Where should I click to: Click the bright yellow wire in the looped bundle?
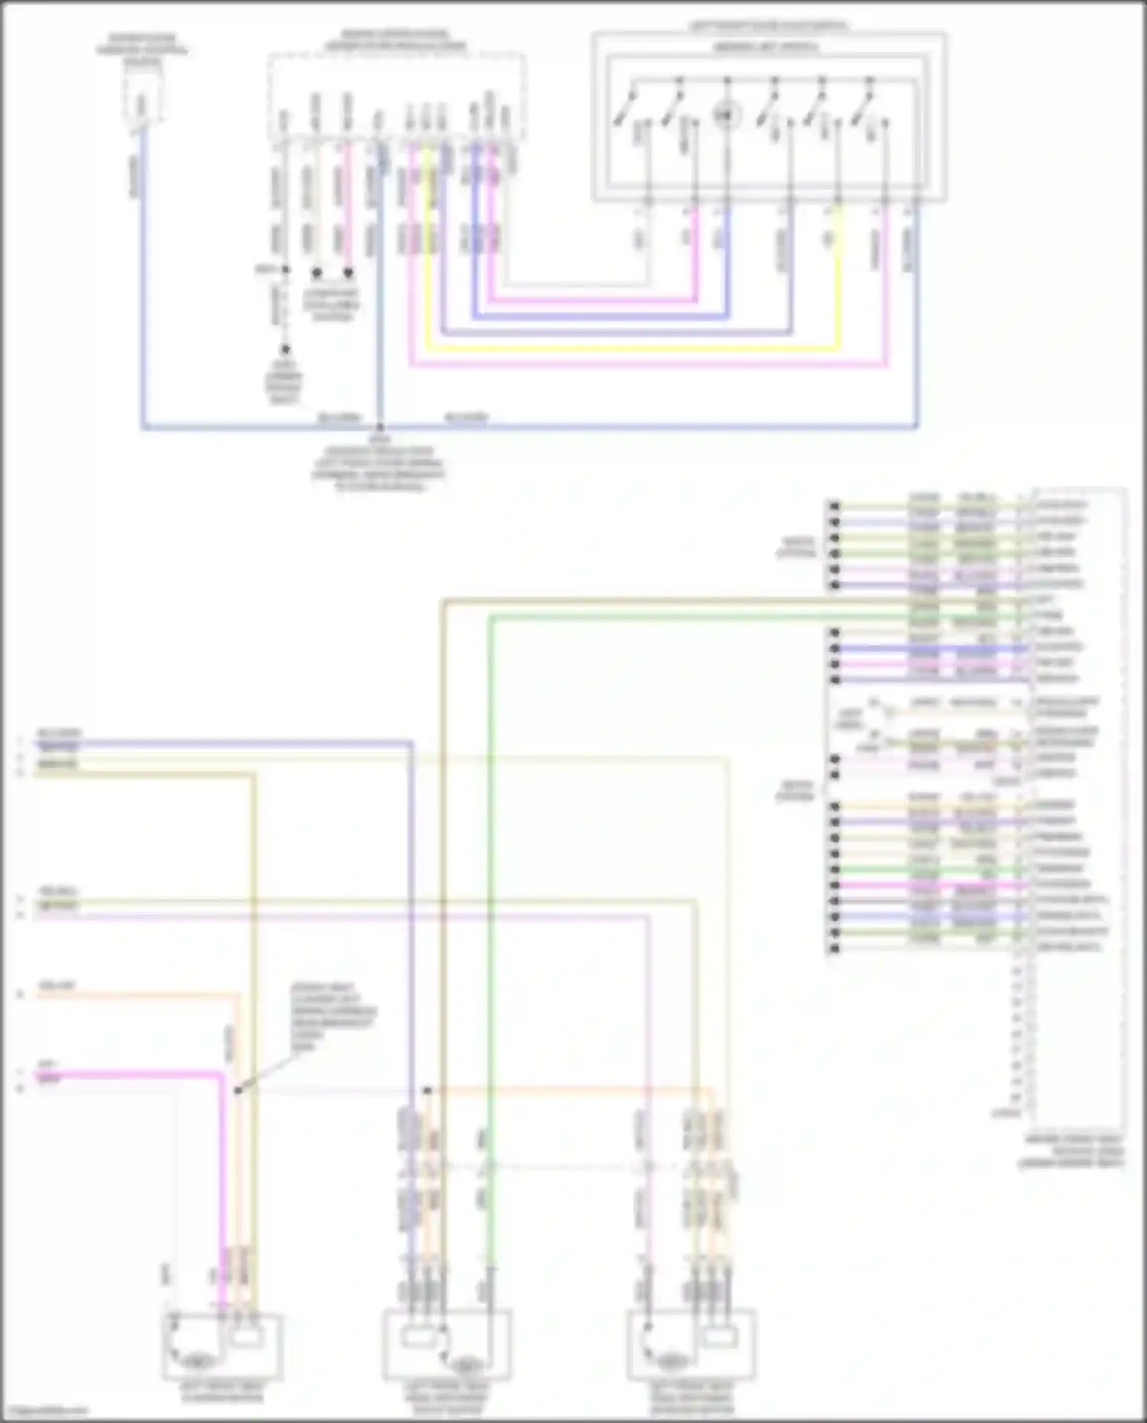pos(627,349)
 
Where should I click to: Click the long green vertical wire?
pos(490,918)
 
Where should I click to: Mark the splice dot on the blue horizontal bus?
pos(379,428)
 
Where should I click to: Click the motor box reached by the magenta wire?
pos(223,1347)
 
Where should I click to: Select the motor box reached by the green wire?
pos(447,1347)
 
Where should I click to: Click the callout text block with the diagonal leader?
pos(332,1017)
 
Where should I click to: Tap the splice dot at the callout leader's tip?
pos(238,1090)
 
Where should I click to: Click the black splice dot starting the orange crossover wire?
pos(427,1090)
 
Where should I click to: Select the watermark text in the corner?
pos(42,1412)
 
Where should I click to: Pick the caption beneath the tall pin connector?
pos(1074,1152)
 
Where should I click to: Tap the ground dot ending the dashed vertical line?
pos(284,349)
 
